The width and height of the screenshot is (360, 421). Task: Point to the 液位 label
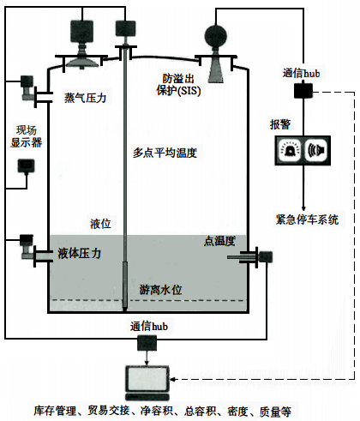tap(101, 223)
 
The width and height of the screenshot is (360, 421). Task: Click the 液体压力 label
tap(80, 254)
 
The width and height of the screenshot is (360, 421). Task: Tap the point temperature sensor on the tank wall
tap(262, 256)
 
